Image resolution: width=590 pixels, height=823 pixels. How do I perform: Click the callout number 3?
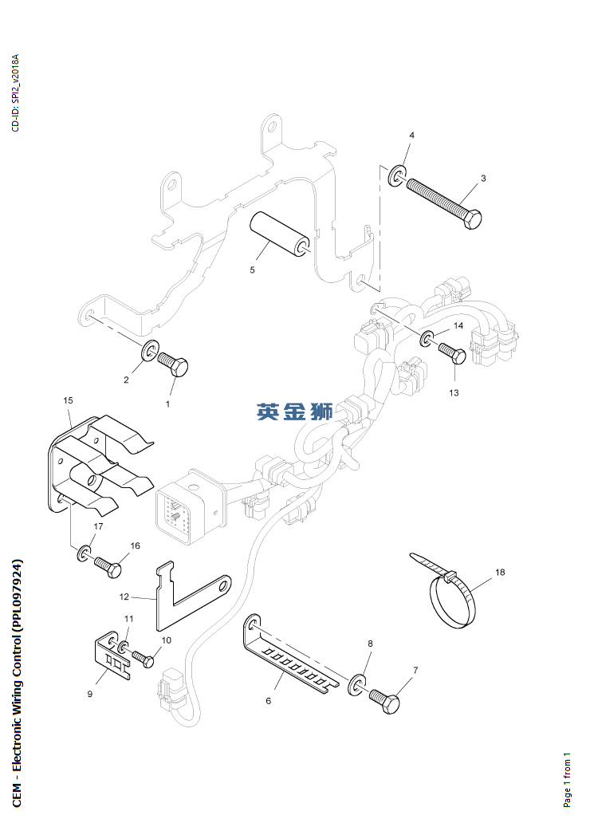point(483,178)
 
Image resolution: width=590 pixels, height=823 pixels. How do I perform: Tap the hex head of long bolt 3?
point(472,219)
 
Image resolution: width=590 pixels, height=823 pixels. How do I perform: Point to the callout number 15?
point(68,400)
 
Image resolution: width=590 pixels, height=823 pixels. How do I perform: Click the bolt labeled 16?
point(108,567)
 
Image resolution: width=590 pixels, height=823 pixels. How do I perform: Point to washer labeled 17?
point(84,552)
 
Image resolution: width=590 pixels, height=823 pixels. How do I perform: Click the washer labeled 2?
point(148,351)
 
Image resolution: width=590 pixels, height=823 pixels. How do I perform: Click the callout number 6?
point(269,701)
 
